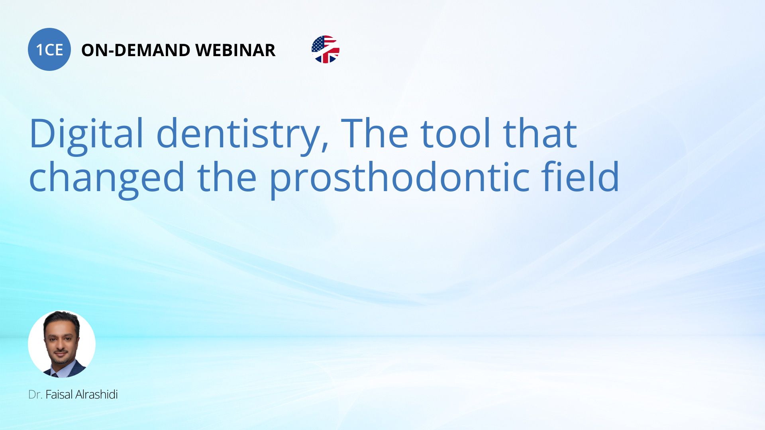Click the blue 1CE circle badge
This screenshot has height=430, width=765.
click(49, 49)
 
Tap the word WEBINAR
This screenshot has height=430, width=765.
click(235, 50)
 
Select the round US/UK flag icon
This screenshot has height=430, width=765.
click(326, 49)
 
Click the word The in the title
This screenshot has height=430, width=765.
click(375, 133)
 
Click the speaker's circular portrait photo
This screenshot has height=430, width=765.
click(62, 344)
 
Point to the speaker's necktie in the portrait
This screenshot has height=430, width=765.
click(55, 374)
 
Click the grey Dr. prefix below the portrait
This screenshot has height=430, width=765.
click(35, 395)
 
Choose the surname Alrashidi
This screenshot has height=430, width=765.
click(96, 395)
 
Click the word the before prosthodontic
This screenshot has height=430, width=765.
click(227, 176)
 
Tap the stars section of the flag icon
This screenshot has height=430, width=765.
click(318, 44)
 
